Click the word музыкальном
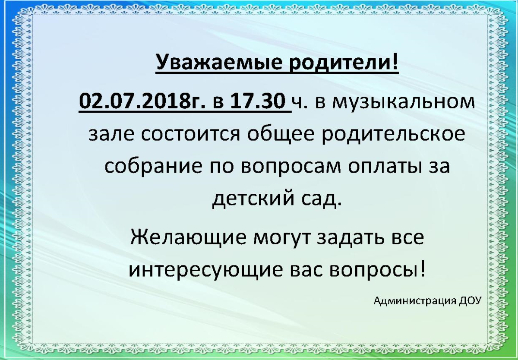pyautogui.click(x=403, y=103)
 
